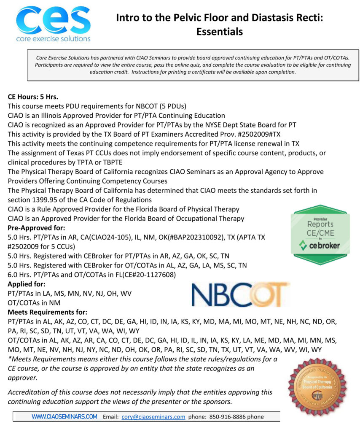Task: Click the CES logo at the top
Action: (x=53, y=23)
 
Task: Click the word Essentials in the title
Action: (x=219, y=31)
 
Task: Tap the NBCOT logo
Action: (x=241, y=294)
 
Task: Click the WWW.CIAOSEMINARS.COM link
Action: (x=64, y=416)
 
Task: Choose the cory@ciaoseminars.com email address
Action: (x=153, y=416)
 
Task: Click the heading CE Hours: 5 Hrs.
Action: (x=33, y=97)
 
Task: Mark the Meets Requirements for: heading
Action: (x=48, y=312)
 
